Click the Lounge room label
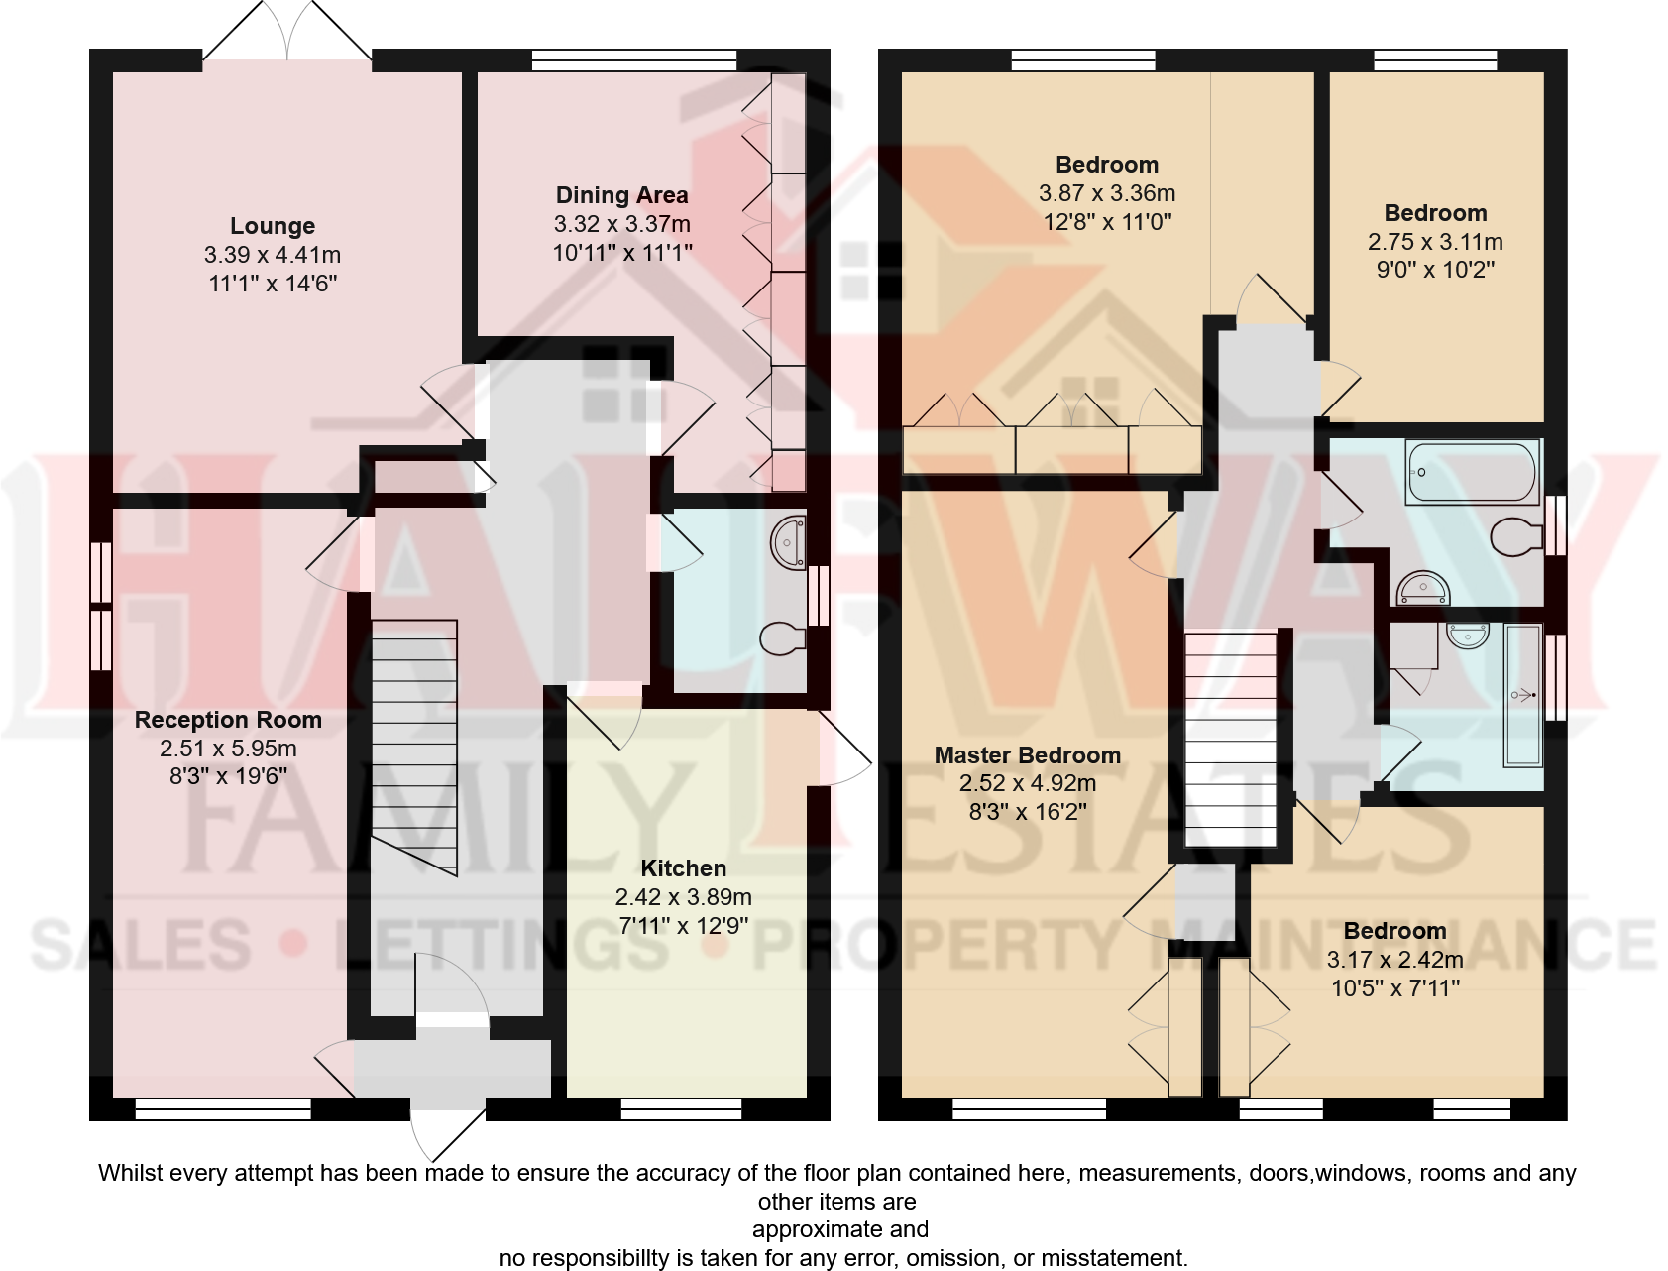coord(273,226)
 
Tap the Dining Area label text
coord(621,195)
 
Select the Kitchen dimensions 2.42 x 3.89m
coord(683,897)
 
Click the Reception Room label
coord(228,720)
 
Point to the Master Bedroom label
coord(1027,755)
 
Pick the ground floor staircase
coord(414,744)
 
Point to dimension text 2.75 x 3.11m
coord(1435,242)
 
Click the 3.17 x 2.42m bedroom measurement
coord(1394,960)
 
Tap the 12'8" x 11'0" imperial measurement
coord(1106,222)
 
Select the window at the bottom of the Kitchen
coord(681,1109)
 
